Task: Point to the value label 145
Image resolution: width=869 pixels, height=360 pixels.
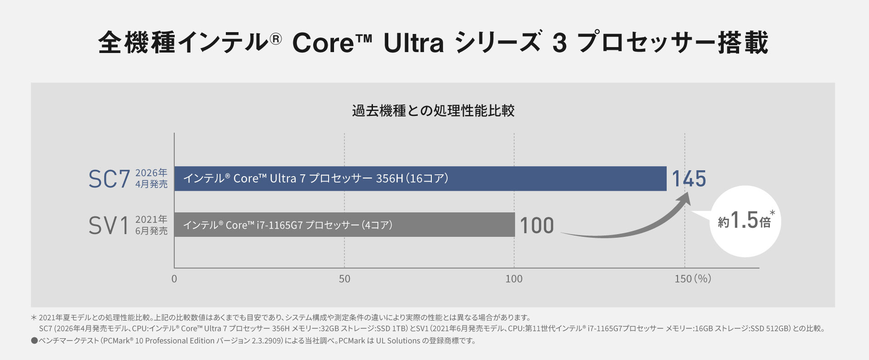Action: tap(688, 179)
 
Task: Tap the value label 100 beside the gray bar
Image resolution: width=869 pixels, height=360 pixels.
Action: tap(537, 226)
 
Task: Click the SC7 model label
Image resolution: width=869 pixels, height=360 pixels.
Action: tap(109, 179)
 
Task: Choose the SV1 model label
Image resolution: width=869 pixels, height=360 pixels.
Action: tap(109, 226)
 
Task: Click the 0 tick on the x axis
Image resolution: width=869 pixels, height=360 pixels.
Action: tap(174, 279)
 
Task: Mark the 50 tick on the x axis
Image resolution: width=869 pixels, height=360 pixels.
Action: tap(344, 279)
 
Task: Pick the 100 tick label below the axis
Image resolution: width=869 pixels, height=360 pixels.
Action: tap(514, 279)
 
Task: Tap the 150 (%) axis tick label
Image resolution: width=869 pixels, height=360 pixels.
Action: tap(692, 279)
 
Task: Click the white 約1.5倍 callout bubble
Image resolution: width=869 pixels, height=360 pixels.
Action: tap(745, 221)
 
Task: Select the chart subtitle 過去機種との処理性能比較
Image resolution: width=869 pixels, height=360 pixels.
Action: tap(433, 111)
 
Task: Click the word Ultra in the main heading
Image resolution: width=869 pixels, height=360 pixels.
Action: tap(414, 43)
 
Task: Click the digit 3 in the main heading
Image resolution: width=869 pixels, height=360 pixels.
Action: tap(559, 43)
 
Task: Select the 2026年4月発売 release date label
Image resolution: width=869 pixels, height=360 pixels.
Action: tap(151, 178)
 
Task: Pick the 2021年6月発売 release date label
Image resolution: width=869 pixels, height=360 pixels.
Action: tap(151, 225)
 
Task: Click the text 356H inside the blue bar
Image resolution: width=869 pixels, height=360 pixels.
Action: tap(389, 178)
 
